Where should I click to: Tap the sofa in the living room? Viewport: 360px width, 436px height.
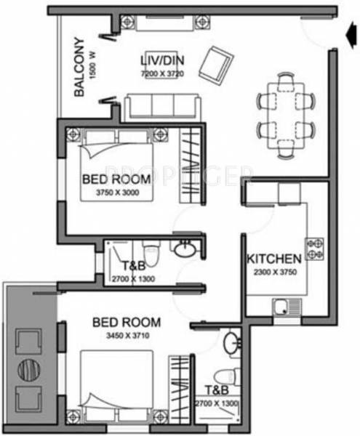point(160,107)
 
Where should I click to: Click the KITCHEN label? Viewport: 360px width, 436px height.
point(273,259)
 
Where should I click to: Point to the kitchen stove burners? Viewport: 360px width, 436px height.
point(315,249)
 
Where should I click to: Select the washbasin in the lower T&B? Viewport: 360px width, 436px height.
point(231,342)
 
